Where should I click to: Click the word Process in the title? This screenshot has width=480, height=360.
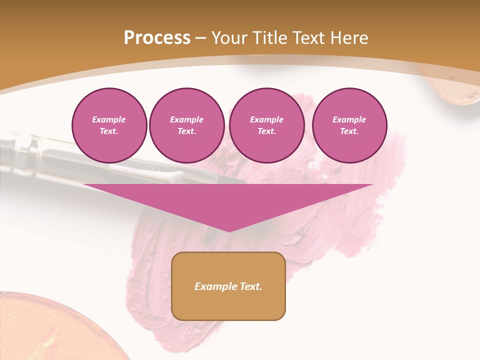pos(157,38)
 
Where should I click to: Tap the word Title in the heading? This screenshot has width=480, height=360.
pos(269,38)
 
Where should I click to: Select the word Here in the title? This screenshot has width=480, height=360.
pos(349,38)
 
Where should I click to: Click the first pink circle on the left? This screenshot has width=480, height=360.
pos(109,125)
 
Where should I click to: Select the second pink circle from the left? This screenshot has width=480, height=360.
pos(186,125)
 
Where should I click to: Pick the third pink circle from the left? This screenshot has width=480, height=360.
pos(266,125)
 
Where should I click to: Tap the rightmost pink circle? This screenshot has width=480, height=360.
pos(349,125)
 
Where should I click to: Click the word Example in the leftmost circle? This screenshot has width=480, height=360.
pos(109,119)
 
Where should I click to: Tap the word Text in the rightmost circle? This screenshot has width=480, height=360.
pos(349,131)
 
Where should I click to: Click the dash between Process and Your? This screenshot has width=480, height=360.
pos(200,38)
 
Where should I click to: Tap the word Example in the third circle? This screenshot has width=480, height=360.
pos(266,119)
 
